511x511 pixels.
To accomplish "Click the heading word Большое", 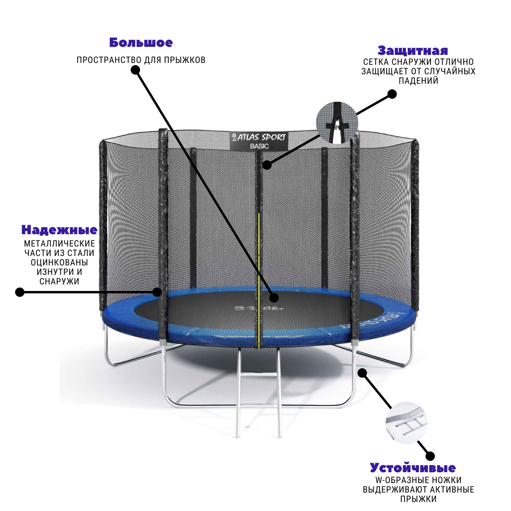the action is [141, 43].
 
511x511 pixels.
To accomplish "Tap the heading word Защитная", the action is [413, 51].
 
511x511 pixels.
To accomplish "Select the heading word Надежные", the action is [59, 230].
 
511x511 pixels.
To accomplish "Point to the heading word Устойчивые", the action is [413, 467].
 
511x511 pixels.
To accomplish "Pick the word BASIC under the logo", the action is [259, 146].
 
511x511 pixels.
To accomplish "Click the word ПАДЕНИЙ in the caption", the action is [418, 81].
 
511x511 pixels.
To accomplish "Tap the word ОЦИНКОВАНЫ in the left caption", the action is [59, 262].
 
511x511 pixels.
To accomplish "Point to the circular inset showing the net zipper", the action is [337, 123].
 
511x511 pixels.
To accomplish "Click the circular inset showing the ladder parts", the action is [406, 423].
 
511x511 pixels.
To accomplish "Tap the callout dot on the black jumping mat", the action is [274, 298].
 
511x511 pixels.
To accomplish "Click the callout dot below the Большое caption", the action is [135, 70].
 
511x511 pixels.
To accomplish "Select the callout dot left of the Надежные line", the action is [20, 292].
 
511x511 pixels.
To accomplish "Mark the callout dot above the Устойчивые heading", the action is [430, 456].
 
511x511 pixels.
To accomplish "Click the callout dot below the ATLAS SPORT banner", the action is [267, 165].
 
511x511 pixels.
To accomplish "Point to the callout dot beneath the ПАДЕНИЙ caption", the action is [392, 94].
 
